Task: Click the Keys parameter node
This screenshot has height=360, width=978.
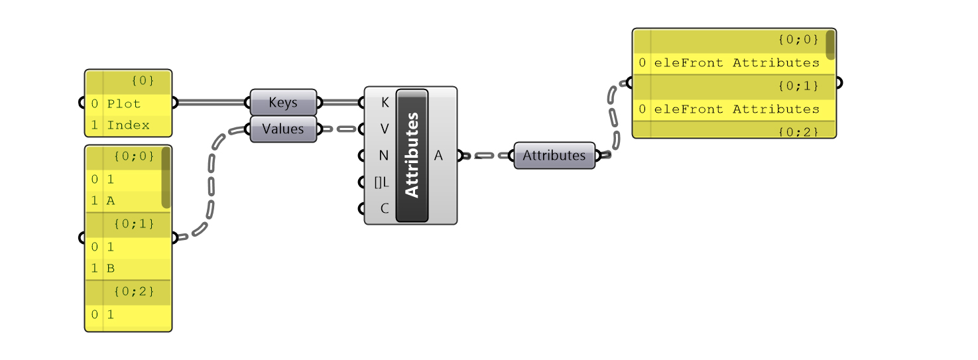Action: click(283, 103)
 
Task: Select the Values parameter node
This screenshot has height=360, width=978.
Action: click(283, 129)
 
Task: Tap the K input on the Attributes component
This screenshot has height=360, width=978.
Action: click(385, 103)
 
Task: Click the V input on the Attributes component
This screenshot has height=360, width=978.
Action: click(385, 129)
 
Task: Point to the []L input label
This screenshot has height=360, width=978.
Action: click(382, 182)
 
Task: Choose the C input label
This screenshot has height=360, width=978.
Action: click(385, 208)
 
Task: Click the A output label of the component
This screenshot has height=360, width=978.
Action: click(438, 156)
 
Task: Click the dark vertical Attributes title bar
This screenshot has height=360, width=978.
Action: click(412, 156)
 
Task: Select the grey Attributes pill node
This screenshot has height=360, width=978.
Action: click(554, 156)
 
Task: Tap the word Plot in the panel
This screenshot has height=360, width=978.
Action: click(123, 103)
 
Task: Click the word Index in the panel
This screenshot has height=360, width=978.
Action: click(128, 125)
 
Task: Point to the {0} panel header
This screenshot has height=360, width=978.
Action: click(143, 81)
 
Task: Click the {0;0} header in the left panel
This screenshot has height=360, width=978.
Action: click(134, 156)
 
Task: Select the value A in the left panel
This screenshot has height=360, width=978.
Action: click(111, 200)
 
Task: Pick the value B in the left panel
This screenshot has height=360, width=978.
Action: click(111, 269)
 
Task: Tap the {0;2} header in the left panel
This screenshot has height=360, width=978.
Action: click(134, 292)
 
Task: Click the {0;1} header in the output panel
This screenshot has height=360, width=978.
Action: click(798, 86)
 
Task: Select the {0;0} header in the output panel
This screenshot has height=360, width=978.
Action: click(798, 40)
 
